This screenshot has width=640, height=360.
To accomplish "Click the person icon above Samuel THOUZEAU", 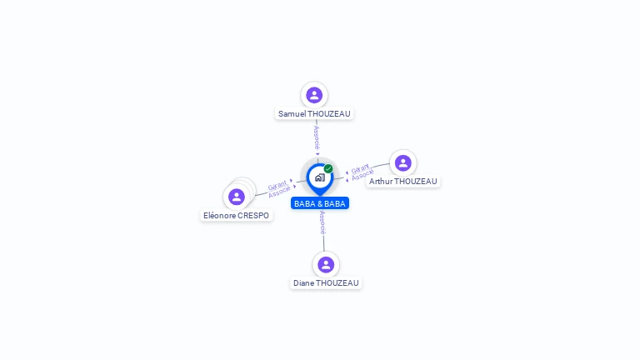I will (314, 95).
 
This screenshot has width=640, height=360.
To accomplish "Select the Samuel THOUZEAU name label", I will (314, 113).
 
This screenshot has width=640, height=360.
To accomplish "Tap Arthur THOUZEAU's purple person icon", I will (403, 162).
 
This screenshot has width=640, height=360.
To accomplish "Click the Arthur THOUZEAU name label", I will (403, 181).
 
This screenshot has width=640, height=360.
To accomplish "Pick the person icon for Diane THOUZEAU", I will (326, 264).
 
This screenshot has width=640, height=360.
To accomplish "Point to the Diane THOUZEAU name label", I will (326, 283).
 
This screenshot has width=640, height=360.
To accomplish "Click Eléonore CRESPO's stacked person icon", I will (237, 197).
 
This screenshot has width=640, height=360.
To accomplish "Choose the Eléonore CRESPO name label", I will (237, 216).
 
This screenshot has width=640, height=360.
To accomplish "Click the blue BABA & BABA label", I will (320, 203).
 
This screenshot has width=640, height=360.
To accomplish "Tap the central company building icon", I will (319, 177).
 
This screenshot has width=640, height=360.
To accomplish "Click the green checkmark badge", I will (328, 169).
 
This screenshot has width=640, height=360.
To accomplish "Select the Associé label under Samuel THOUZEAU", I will (317, 137).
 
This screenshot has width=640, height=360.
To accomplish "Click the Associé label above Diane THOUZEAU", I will (322, 221).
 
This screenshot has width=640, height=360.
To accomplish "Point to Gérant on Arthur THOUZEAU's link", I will (360, 168).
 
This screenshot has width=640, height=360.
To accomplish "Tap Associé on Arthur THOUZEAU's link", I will (362, 175).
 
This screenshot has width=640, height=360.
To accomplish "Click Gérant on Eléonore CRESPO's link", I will (277, 186).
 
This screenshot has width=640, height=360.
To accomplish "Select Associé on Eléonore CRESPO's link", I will (280, 192).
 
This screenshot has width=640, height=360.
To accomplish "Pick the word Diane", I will (303, 283).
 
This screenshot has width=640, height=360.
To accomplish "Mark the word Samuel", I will (292, 113).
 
